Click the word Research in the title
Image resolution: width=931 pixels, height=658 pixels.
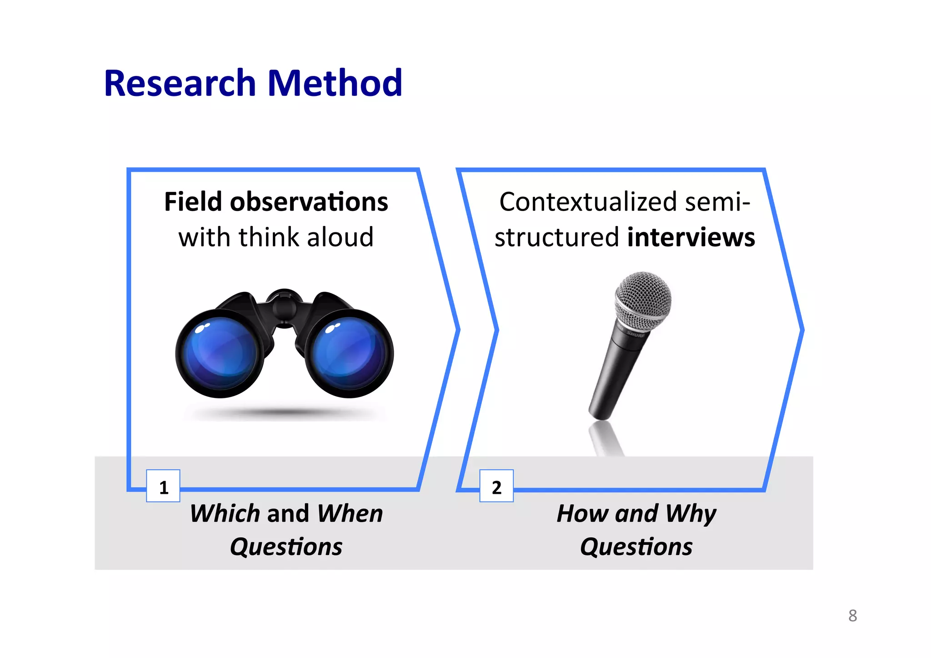pos(180,84)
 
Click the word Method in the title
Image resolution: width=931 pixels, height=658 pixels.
pos(335,84)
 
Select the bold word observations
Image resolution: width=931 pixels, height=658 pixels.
pos(309,202)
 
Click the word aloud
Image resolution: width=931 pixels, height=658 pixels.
pos(340,237)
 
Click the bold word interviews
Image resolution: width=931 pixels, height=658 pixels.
pos(691,237)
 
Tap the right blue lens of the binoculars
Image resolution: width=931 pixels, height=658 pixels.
pos(348,352)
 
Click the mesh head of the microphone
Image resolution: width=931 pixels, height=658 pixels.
pos(643,298)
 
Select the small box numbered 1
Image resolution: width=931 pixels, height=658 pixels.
pos(163,486)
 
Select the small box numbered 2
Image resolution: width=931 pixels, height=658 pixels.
pos(496,486)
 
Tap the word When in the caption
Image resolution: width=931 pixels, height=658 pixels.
pos(350,514)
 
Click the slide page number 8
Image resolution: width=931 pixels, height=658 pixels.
pos(852,616)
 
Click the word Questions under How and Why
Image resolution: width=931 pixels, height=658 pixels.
pos(636,547)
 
